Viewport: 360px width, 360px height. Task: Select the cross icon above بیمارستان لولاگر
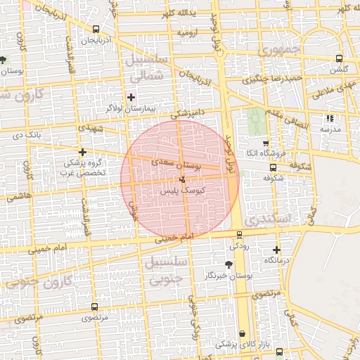click(x=130, y=96)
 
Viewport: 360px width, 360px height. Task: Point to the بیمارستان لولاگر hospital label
click(x=131, y=109)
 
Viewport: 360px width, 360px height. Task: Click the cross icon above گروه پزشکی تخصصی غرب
click(x=83, y=152)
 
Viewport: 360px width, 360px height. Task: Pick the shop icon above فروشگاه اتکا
click(x=265, y=143)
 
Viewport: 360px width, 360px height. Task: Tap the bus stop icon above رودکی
click(x=239, y=235)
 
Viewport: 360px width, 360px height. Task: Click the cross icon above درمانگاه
click(x=276, y=250)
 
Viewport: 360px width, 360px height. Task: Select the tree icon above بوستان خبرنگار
click(x=229, y=264)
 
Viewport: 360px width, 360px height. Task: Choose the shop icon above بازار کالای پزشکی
click(x=243, y=333)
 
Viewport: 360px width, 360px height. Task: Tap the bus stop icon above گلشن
click(x=340, y=59)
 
